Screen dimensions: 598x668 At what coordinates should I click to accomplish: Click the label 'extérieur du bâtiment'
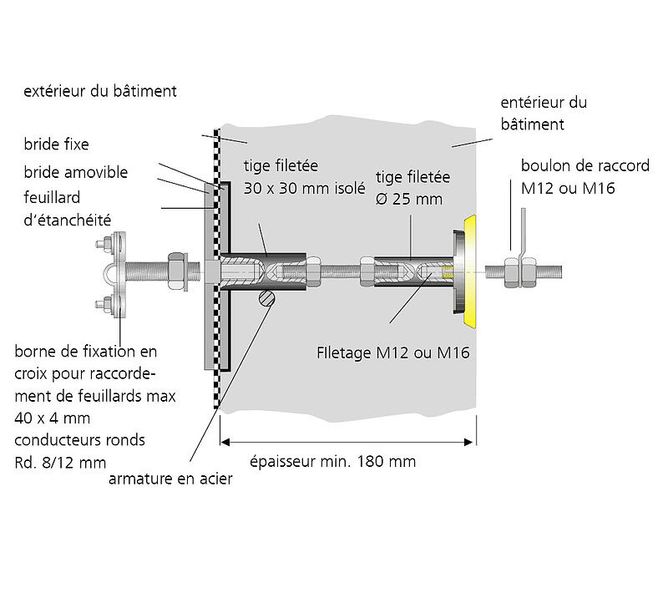click(100, 91)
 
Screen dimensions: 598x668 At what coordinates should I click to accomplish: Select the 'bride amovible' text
click(76, 172)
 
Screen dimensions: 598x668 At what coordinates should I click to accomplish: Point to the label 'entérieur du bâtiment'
click(543, 114)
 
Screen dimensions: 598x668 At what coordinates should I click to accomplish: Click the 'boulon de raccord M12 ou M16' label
click(584, 177)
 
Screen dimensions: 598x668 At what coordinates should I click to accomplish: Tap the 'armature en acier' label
click(170, 479)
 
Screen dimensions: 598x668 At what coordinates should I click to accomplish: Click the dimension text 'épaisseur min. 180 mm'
click(333, 461)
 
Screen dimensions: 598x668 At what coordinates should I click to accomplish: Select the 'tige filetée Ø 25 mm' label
click(413, 188)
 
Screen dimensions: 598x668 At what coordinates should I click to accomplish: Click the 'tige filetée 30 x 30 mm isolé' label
click(305, 177)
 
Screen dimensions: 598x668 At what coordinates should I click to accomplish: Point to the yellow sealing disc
click(470, 270)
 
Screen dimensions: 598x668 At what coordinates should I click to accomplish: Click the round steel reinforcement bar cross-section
click(266, 298)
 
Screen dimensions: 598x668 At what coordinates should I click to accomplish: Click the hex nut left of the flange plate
click(177, 271)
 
